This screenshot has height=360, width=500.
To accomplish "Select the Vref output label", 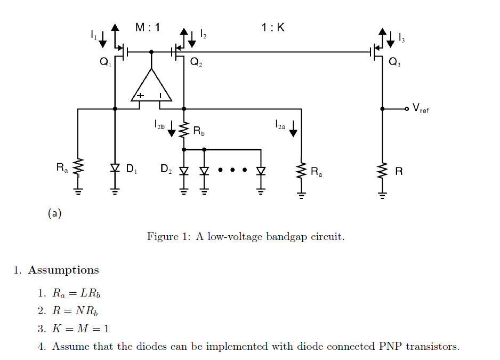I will click(421, 109).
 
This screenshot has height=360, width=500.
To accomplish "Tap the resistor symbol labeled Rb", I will click(184, 130).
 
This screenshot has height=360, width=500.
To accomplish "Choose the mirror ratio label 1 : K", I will click(273, 28).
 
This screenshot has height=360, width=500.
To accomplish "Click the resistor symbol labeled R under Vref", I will click(382, 171).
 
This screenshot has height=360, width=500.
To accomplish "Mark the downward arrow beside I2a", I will click(293, 130).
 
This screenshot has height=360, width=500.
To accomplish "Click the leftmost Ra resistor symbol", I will click(78, 167).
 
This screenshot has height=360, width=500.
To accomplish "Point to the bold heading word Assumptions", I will click(63, 270).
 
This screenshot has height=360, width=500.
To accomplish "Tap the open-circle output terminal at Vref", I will click(407, 109).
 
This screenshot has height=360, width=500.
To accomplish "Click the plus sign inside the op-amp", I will click(141, 95).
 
